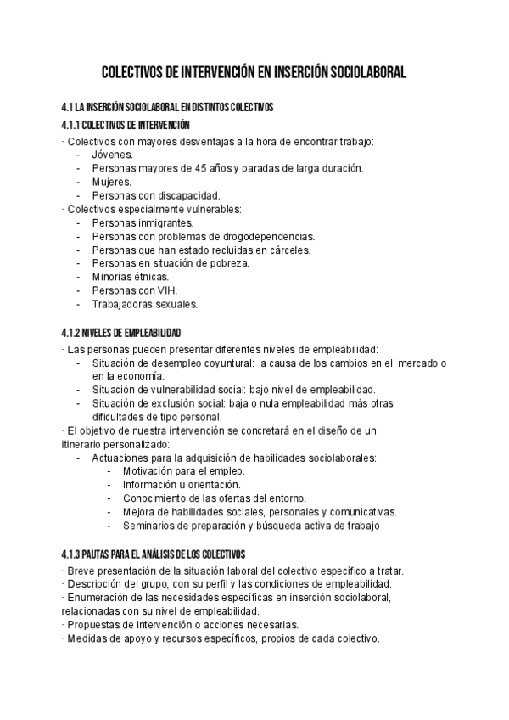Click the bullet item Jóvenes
112,155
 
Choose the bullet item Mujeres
111,182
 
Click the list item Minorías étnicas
130,278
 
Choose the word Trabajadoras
124,305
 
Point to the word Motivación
149,471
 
